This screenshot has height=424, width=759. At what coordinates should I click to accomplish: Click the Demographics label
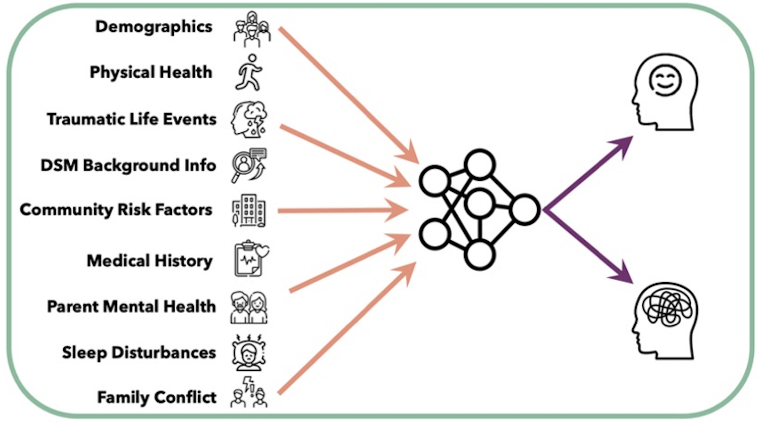pos(153,27)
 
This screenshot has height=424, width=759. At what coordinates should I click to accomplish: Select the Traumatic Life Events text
pos(131,119)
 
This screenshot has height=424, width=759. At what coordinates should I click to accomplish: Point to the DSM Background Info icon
pos(249,165)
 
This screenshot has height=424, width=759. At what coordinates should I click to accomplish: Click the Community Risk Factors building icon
pos(249,211)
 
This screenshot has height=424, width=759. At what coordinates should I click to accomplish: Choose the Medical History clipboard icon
pos(250,259)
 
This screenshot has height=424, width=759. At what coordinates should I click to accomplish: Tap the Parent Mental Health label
pos(131,306)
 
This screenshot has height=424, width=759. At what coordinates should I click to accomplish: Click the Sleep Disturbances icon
pos(249,352)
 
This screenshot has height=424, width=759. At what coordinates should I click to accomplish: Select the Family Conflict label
pos(157,397)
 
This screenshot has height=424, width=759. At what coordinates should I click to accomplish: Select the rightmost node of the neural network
pos(525,209)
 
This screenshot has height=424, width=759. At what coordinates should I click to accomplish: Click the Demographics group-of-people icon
pos(251,29)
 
